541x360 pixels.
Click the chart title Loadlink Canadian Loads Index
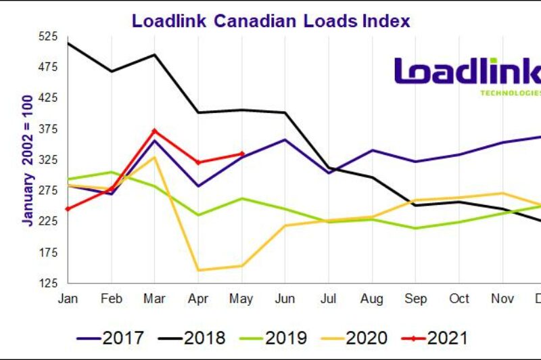pyautogui.click(x=270, y=20)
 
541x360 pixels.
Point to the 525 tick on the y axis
pyautogui.click(x=48, y=37)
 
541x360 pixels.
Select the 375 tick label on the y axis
pyautogui.click(x=48, y=129)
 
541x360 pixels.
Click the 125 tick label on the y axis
pyautogui.click(x=48, y=284)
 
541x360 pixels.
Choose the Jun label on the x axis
pyautogui.click(x=285, y=298)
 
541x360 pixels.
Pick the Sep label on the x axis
pyautogui.click(x=415, y=298)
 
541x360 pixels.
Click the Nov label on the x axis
pyautogui.click(x=502, y=298)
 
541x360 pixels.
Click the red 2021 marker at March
pyautogui.click(x=155, y=131)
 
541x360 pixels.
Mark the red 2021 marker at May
pyautogui.click(x=242, y=154)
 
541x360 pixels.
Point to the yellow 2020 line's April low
pyautogui.click(x=198, y=270)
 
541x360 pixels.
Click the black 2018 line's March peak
pyautogui.click(x=155, y=55)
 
